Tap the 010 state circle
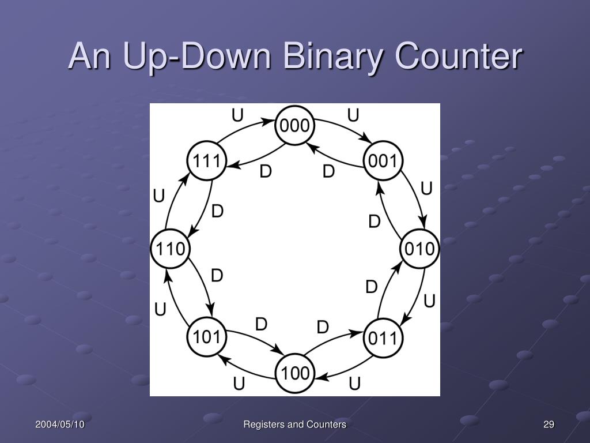coord(419,249)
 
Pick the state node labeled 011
coord(383,337)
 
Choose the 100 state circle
coord(295,373)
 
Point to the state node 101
coord(206,337)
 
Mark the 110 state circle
coord(170,249)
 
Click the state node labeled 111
coord(206,161)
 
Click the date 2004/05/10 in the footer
coord(60,425)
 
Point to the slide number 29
coord(549,425)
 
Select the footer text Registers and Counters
coord(294,425)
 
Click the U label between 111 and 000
coord(237,117)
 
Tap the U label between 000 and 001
coord(353,117)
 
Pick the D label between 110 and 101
coord(217,276)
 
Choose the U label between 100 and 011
coord(354,383)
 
